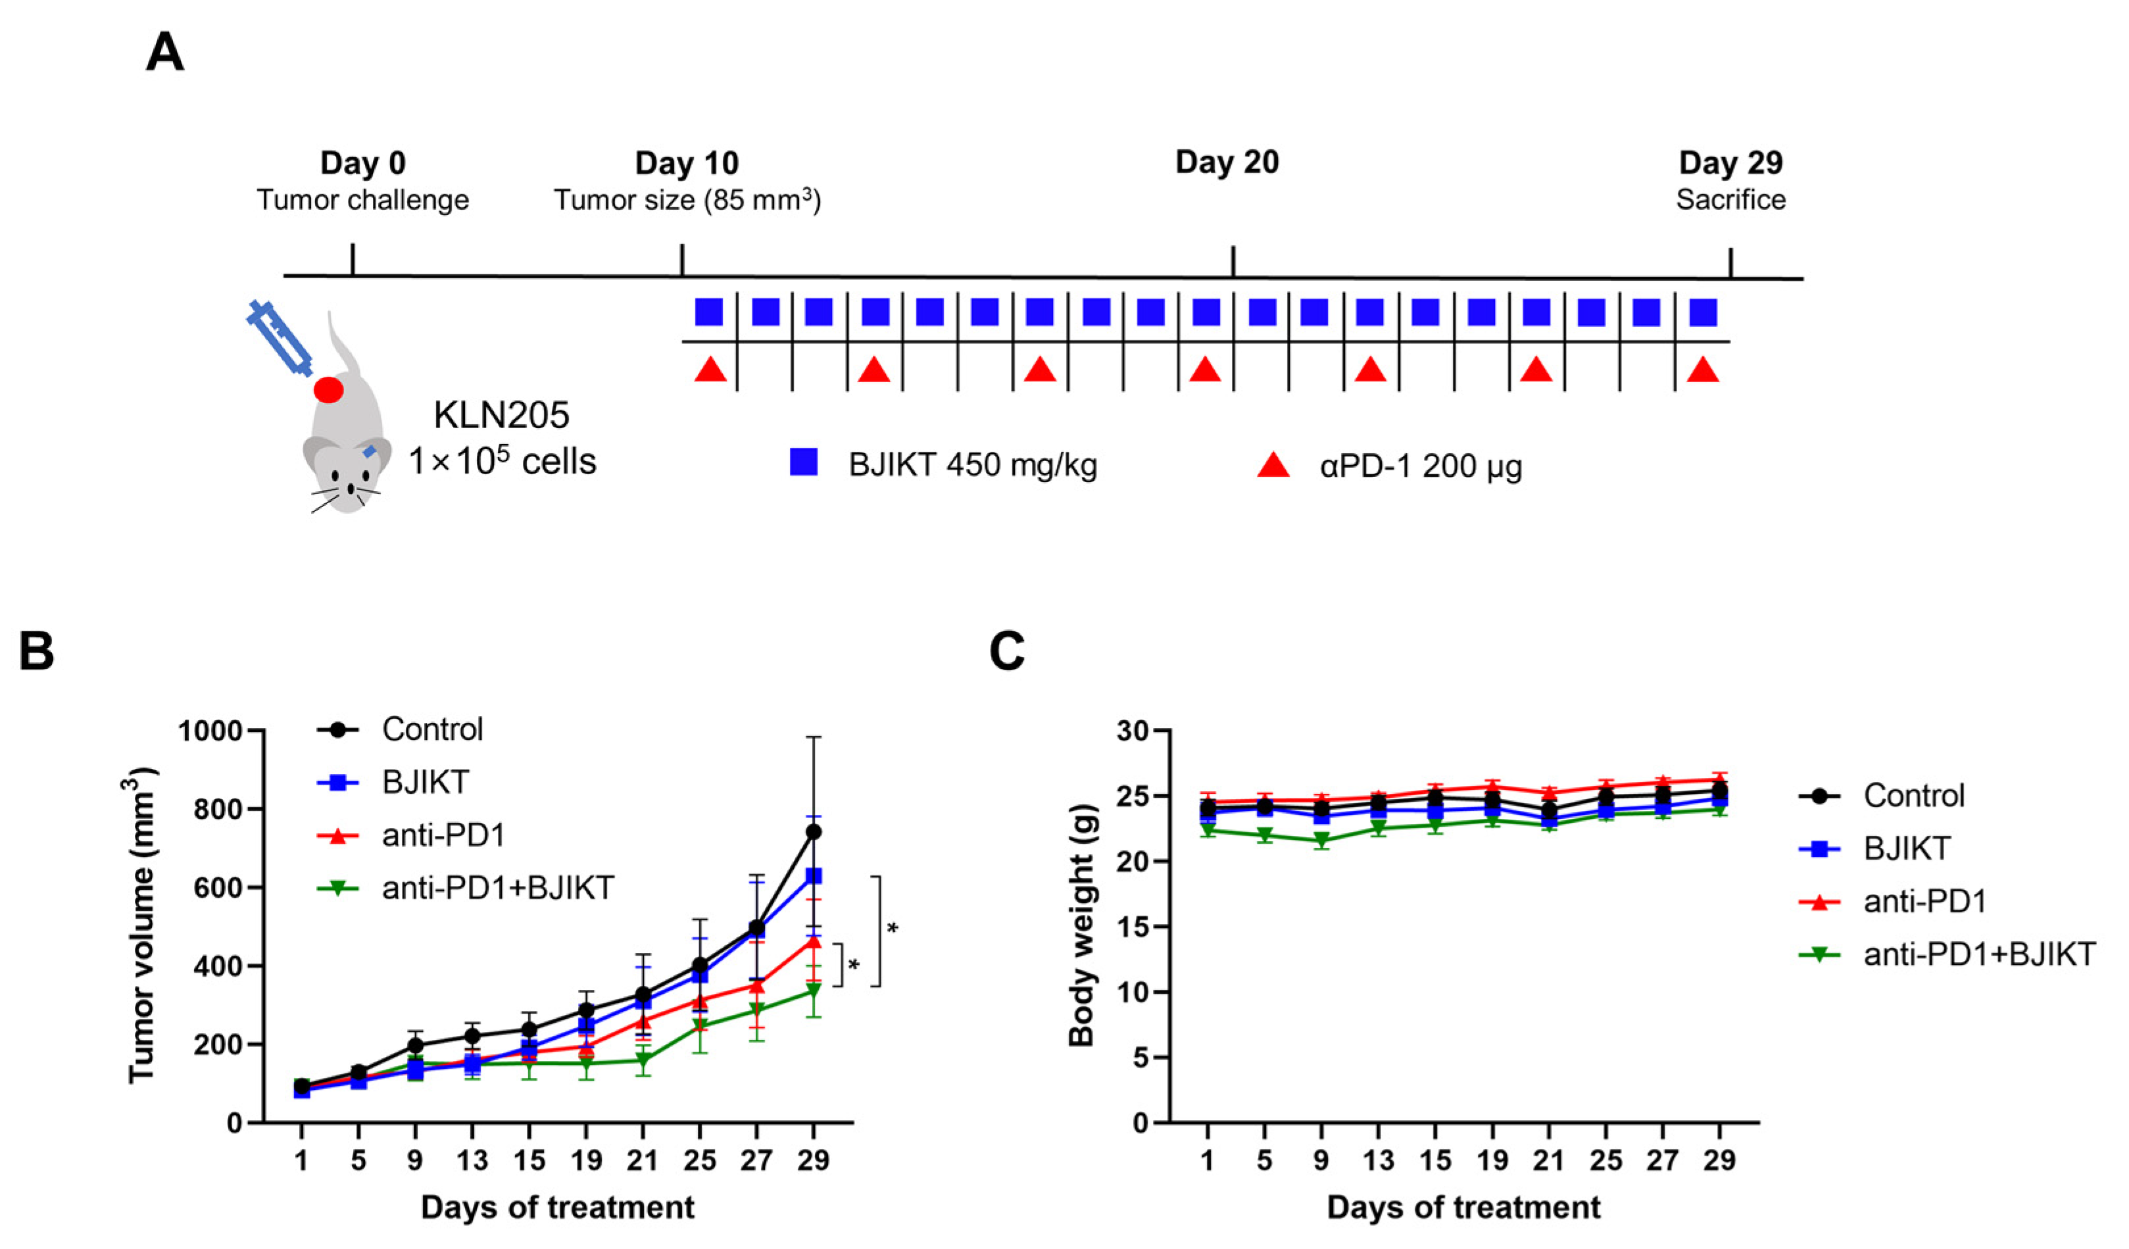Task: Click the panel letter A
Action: (164, 53)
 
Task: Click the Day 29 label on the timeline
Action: (1730, 162)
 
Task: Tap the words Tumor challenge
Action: (362, 201)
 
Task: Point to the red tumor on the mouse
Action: (329, 389)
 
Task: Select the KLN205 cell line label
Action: (502, 415)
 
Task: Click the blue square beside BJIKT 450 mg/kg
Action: (804, 462)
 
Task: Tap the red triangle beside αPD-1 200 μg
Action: (1273, 466)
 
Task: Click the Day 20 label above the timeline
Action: (1227, 162)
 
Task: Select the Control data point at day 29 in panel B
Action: (814, 831)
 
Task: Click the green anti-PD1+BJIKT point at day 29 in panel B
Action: (814, 990)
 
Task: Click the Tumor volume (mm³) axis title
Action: (142, 925)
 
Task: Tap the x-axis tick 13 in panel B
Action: (472, 1160)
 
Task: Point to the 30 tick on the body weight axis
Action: (1135, 730)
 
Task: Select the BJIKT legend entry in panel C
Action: (1907, 848)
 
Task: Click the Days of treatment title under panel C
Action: (1463, 1207)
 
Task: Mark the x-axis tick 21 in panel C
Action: (1549, 1160)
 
